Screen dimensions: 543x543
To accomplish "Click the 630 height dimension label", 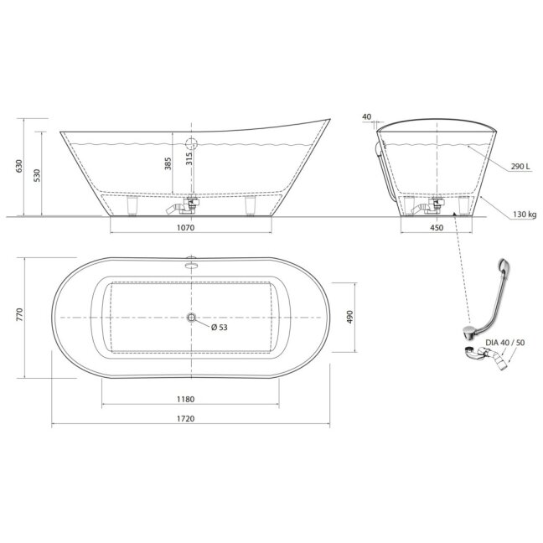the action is tap(19, 166).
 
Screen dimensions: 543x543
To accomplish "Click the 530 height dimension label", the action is tap(37, 176).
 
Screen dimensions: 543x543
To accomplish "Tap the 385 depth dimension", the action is tap(168, 163).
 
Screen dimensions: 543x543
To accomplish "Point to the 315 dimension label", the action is tap(189, 158).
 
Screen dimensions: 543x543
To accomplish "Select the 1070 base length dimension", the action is tap(186, 228).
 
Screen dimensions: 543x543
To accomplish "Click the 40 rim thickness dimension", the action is tap(367, 116).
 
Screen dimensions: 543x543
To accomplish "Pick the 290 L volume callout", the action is tap(520, 167).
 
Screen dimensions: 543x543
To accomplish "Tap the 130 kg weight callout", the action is tap(525, 215).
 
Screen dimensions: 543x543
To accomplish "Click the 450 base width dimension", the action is tap(437, 228).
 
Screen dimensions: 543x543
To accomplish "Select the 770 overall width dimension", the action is tap(19, 314).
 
